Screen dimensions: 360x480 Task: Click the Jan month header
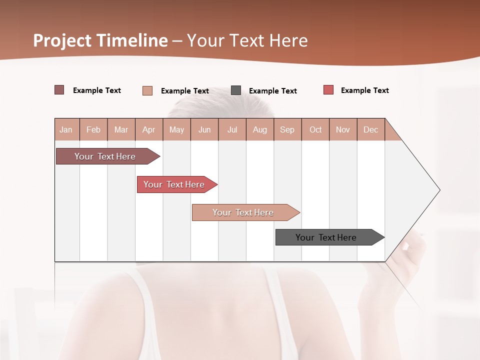pos(66,129)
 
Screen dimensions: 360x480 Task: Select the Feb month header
pos(93,129)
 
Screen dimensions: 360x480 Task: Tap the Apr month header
pos(149,129)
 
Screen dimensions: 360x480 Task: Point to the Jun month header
pos(204,129)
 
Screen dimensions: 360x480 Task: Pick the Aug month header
pos(260,129)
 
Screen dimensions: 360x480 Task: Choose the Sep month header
pos(287,129)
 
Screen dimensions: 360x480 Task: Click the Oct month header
pos(315,129)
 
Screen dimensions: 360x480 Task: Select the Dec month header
pos(371,129)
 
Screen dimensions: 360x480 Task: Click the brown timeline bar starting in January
pos(105,156)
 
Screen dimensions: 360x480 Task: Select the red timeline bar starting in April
pos(174,184)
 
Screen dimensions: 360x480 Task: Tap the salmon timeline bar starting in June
pos(243,212)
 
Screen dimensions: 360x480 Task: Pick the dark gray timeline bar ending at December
pos(326,237)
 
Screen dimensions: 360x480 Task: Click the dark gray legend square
pos(236,90)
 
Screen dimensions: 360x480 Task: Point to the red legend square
pos(328,90)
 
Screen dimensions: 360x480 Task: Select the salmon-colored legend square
pos(147,90)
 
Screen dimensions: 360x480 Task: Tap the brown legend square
pos(59,90)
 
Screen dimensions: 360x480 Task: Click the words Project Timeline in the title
pos(100,40)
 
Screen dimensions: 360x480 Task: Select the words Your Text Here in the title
pos(247,40)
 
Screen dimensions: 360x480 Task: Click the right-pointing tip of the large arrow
pos(438,190)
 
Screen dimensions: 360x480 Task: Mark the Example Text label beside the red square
pos(364,90)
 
